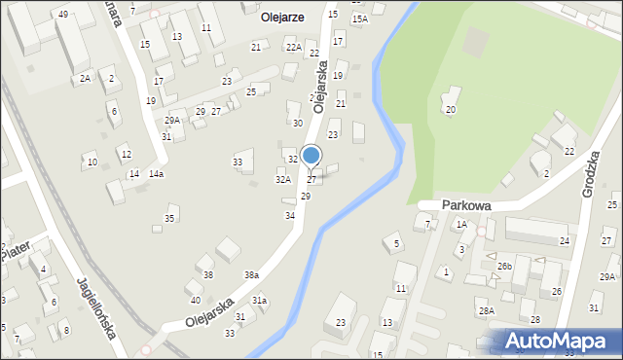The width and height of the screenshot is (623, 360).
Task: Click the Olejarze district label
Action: [282, 17]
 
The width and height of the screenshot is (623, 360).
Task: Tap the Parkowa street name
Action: [465, 205]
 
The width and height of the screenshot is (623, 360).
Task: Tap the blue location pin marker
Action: [311, 156]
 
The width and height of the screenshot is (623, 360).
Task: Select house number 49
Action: [62, 14]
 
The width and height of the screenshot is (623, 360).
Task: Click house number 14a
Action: [156, 174]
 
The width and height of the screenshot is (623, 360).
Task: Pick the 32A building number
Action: [282, 179]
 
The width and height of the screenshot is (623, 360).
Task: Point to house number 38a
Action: [251, 275]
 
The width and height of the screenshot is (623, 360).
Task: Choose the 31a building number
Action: [259, 301]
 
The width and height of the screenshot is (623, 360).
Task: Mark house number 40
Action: [195, 300]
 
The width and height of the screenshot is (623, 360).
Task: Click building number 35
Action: [169, 218]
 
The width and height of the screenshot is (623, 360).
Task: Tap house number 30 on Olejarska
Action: [298, 123]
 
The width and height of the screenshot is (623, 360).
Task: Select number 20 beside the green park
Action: [450, 109]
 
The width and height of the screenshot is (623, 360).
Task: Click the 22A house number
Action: [292, 47]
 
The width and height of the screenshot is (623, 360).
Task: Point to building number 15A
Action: [359, 18]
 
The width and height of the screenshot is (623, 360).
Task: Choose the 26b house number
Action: [504, 266]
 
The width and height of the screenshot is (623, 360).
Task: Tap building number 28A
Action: [486, 310]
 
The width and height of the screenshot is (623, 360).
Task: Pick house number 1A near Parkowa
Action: [461, 224]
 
